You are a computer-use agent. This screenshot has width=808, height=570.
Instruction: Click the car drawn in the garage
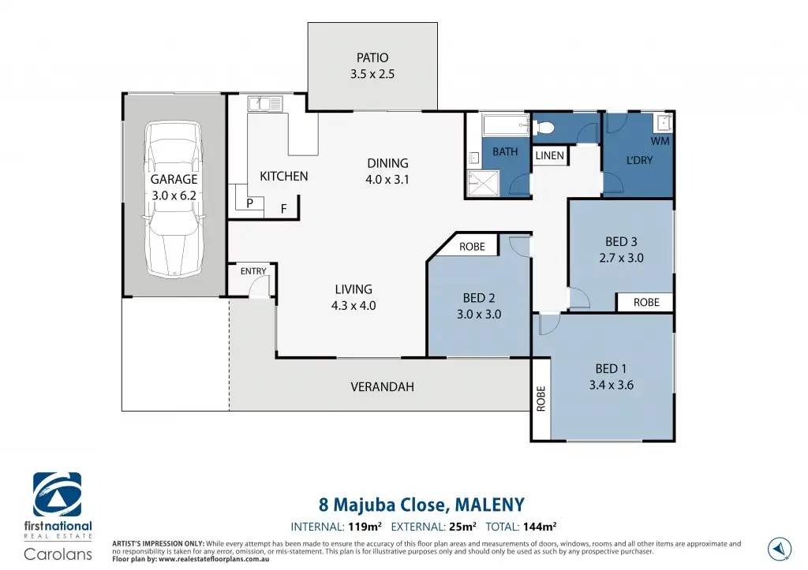[x=174, y=199]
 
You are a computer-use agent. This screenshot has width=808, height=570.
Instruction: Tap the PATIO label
[x=372, y=58]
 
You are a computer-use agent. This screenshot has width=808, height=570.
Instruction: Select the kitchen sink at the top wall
[x=265, y=103]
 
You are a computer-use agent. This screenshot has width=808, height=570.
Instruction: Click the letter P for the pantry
[x=249, y=203]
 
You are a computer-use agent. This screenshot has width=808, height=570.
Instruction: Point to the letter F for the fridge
[x=283, y=209]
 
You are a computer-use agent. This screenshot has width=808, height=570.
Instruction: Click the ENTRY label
[x=253, y=271]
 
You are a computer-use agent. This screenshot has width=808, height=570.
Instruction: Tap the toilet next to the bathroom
[x=543, y=127]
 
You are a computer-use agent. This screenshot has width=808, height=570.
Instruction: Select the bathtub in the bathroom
[x=506, y=125]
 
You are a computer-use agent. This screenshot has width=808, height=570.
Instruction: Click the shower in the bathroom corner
[x=484, y=184]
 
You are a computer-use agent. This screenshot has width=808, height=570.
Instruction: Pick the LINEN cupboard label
[x=549, y=155]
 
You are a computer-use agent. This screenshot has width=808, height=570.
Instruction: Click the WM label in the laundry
[x=660, y=140]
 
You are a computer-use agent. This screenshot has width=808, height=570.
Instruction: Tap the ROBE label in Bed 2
[x=472, y=247]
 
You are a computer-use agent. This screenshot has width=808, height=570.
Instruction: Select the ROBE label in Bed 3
[x=646, y=302]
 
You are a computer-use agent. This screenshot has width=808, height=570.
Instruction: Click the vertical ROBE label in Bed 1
[x=541, y=399]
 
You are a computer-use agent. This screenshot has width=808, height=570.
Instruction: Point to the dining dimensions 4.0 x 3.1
[x=387, y=180]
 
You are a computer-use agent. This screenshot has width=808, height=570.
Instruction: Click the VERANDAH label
[x=383, y=386]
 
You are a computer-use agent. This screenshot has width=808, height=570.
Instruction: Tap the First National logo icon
[x=57, y=495]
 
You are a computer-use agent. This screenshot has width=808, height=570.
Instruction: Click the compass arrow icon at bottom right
[x=779, y=549]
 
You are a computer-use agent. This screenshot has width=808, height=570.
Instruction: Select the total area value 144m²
[x=540, y=526]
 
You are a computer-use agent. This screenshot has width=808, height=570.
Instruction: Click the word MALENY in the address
[x=489, y=504]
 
